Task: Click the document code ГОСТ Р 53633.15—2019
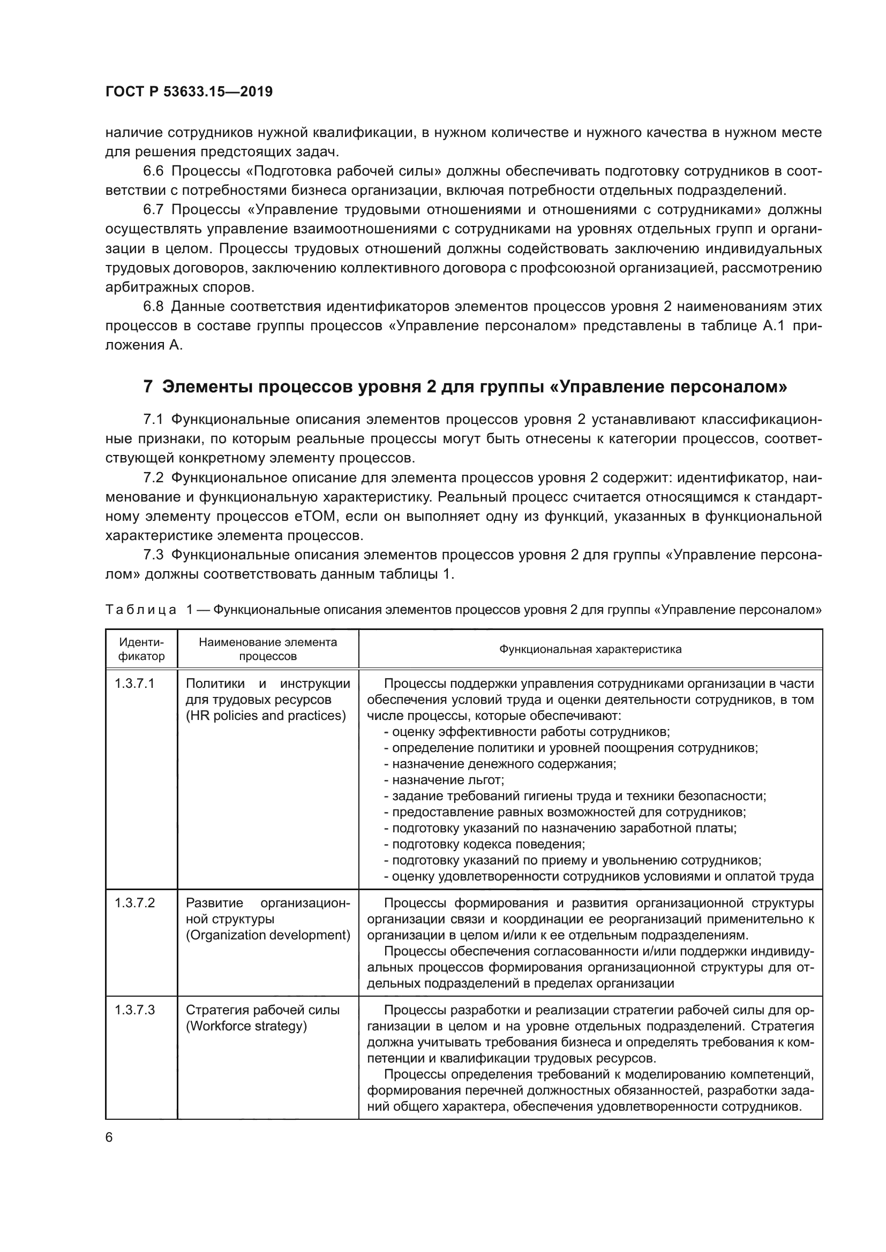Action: pos(189,92)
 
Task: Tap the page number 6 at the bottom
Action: pos(109,1137)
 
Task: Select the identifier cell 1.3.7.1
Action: pos(134,684)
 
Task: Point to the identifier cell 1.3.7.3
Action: pos(134,1011)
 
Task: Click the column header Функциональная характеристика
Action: pos(590,649)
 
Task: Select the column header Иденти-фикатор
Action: pos(141,649)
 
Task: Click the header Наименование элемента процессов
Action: pos(268,649)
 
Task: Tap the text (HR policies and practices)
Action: pos(266,716)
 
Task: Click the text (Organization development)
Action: pos(268,935)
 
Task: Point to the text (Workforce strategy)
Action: pos(246,1026)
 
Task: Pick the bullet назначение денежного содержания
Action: pos(504,764)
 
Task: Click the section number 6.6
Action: pos(153,171)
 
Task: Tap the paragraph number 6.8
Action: pos(153,307)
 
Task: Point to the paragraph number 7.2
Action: pos(153,477)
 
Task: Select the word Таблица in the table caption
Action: pos(141,610)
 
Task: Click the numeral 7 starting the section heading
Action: pos(147,386)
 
